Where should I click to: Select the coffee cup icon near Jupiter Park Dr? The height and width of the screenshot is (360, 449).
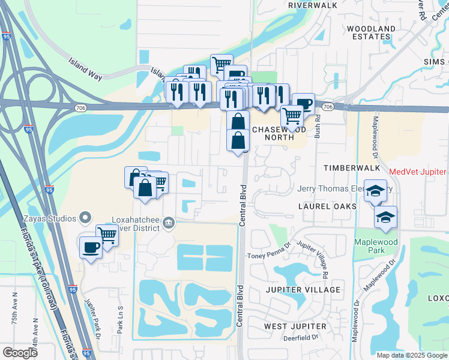coord(91,247)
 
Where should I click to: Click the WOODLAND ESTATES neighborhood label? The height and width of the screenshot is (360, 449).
coord(371,32)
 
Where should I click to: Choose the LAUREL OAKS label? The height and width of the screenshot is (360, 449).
coord(328,206)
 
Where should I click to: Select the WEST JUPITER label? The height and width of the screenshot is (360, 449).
coord(295,326)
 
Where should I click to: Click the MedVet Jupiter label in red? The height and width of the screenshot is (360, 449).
coord(418,172)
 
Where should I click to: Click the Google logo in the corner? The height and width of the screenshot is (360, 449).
coord(20,353)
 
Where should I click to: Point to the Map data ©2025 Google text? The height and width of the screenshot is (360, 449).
coord(411,355)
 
